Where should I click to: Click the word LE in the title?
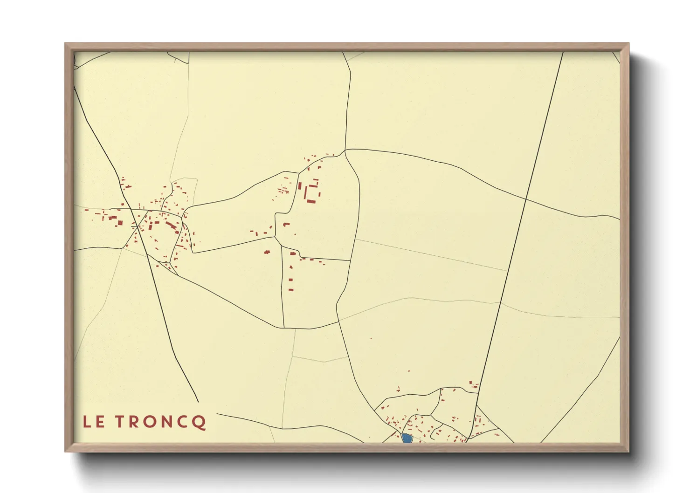94,422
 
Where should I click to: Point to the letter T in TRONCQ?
120,422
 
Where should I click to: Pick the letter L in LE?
87,422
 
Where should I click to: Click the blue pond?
407,438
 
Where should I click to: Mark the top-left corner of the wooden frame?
65,44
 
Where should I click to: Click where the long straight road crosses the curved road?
526,199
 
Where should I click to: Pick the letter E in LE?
100,422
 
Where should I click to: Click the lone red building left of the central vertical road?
267,252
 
